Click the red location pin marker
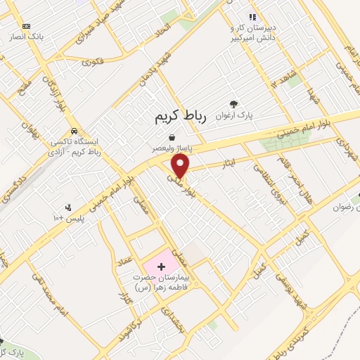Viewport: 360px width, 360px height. [x=181, y=166]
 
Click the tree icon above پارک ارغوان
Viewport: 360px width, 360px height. [x=244, y=102]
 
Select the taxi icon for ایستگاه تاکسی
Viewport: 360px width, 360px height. [x=74, y=131]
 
